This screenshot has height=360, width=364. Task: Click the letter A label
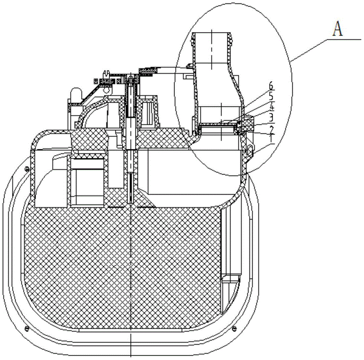pos(338,29)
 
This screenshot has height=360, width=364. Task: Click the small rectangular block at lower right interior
pos(230,280)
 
